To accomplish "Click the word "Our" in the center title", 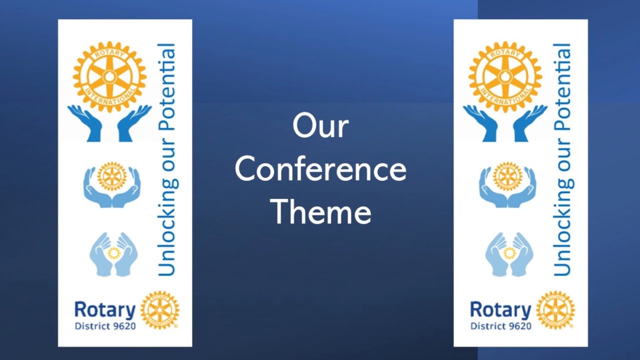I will coord(320,126).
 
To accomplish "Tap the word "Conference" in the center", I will coord(320,169).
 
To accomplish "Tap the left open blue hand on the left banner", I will coord(85,122).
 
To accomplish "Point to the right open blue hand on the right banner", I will coord(529,122).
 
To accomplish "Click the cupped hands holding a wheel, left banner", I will coord(112,184).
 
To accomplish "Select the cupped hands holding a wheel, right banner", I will coord(507,184).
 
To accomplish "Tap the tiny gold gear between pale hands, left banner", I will coord(114,253).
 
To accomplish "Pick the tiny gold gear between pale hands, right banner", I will coord(509,253).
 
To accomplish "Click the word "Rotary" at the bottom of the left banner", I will coord(104,310).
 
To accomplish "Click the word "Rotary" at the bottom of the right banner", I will coord(500,310).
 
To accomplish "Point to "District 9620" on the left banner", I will coord(105,326).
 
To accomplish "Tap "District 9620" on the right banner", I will coord(500,326).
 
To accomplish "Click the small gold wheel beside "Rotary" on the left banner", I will coord(159,310).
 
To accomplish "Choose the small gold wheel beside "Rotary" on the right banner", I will coord(555,310).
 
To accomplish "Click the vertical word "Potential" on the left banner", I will coord(166,88).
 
